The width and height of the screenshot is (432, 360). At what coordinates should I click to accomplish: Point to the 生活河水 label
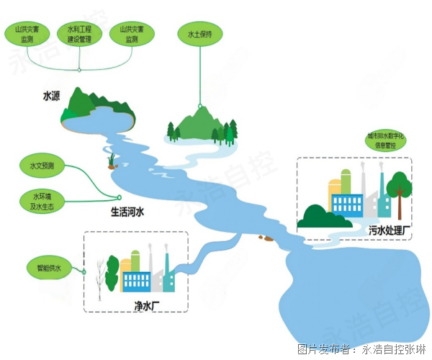tap(127, 212)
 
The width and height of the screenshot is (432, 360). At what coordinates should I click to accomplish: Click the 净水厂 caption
tap(145, 305)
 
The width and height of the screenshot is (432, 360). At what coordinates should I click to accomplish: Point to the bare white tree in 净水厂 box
tap(96, 277)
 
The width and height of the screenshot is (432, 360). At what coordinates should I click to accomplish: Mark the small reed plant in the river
tap(112, 158)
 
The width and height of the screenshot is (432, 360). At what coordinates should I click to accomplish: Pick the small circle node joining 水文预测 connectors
tap(120, 197)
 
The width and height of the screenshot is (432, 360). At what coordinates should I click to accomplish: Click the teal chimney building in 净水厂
tap(168, 277)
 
